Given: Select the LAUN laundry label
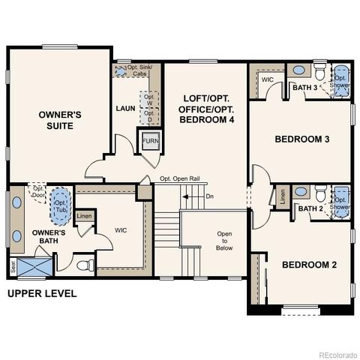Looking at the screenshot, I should pyautogui.click(x=124, y=108).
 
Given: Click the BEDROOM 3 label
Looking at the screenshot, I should pyautogui.click(x=301, y=139).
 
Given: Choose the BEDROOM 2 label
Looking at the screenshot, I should pyautogui.click(x=309, y=265).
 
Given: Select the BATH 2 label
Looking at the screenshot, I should pyautogui.click(x=310, y=208).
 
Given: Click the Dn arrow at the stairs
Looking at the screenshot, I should pyautogui.click(x=206, y=197).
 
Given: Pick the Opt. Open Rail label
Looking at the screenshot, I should pyautogui.click(x=180, y=178).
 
